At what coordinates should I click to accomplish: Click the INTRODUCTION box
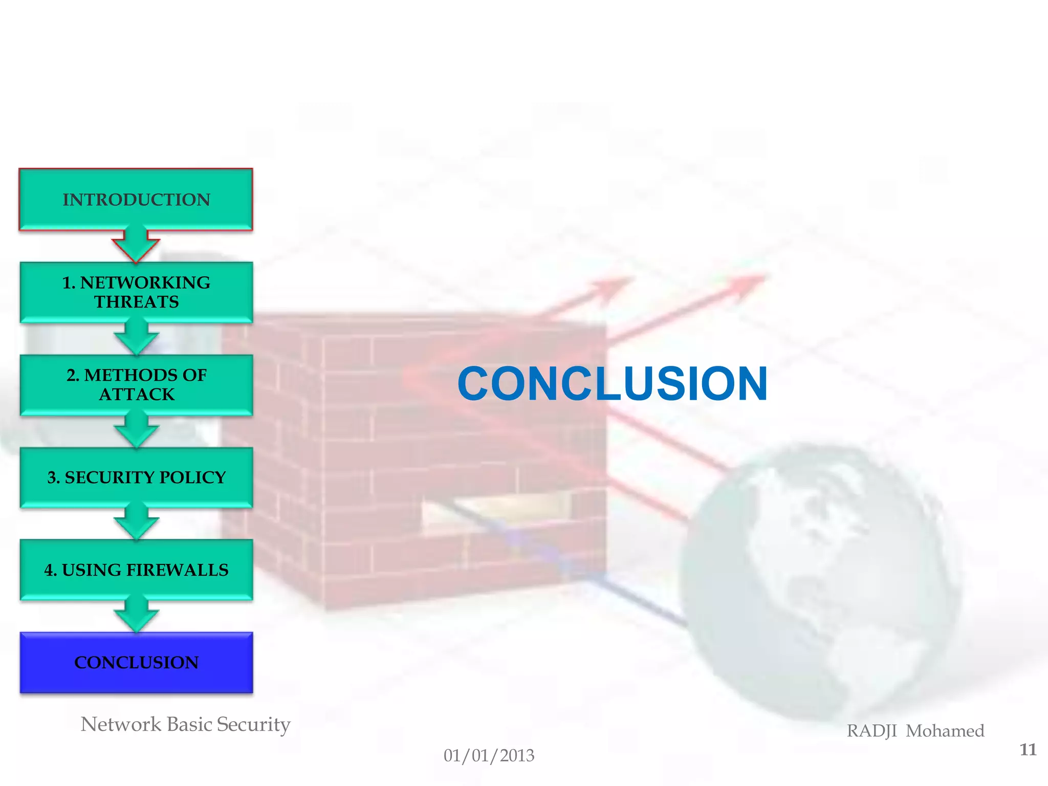tap(136, 199)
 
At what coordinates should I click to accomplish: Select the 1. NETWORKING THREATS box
tap(136, 292)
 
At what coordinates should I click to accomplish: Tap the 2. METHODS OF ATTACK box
tap(136, 384)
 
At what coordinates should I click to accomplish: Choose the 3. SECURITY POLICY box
tap(136, 477)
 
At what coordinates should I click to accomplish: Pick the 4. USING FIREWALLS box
tap(136, 570)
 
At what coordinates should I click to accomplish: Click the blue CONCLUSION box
tap(136, 662)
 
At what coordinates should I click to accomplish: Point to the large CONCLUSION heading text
tap(612, 383)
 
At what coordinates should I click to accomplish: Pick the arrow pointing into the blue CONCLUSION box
tap(136, 616)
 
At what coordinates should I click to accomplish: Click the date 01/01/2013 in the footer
tap(489, 755)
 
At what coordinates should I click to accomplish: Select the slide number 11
tap(1028, 750)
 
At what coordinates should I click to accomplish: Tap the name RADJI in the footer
tap(871, 731)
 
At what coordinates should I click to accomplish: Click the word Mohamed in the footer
tap(945, 731)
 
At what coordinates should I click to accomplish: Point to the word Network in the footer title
tap(121, 724)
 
